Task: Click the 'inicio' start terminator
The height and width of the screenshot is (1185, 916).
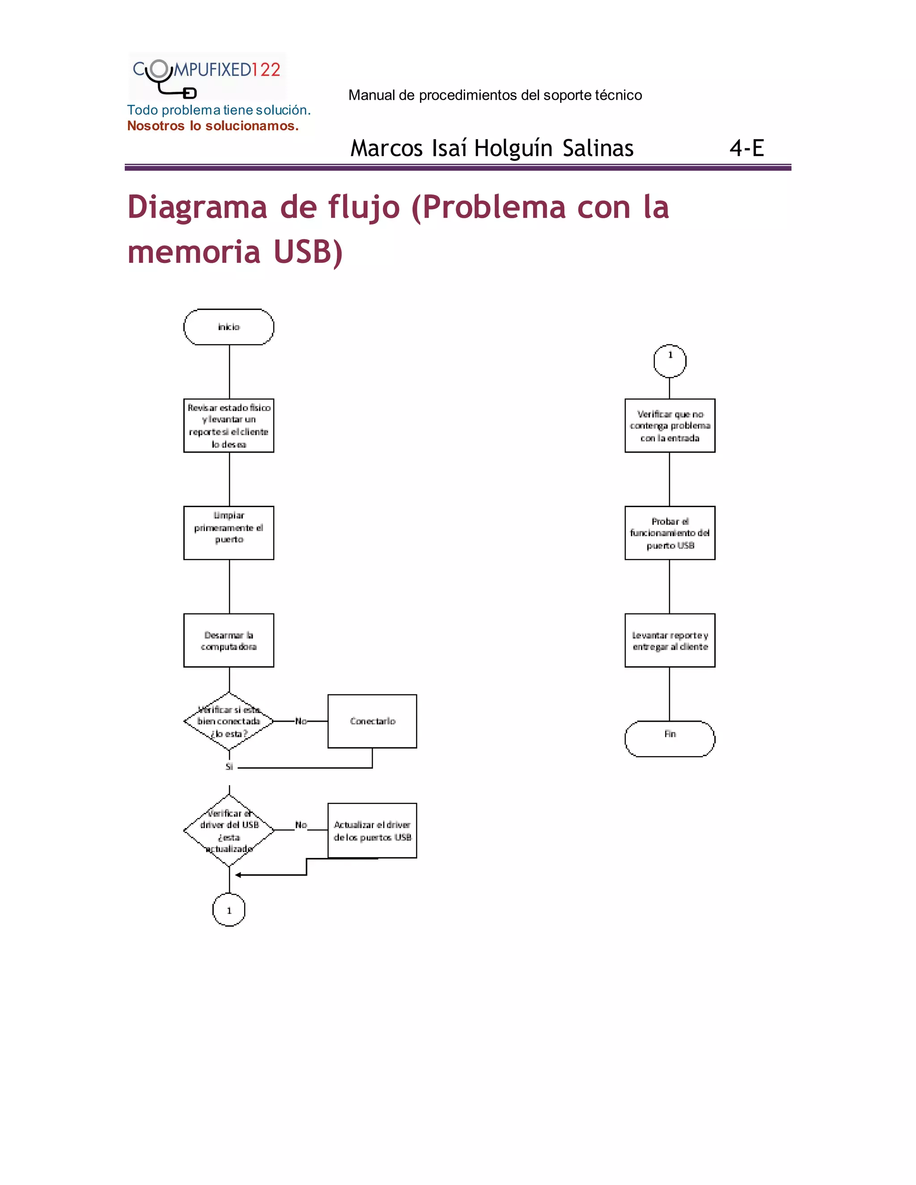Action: (229, 326)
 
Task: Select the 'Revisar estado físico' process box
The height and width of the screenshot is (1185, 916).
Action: (229, 425)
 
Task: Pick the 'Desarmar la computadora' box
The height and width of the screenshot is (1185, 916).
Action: (229, 640)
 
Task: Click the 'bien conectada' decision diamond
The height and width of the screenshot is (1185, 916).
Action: (229, 721)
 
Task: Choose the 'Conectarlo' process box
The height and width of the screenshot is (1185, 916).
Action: (372, 721)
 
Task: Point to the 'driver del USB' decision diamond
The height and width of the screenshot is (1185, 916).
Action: (229, 830)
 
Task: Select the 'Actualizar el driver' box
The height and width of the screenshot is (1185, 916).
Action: (372, 830)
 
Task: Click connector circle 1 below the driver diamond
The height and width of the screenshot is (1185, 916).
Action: (229, 910)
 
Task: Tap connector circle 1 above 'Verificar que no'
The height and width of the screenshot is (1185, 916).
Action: (670, 360)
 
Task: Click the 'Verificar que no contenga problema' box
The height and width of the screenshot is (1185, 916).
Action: (670, 425)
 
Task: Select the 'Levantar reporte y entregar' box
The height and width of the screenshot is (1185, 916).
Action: (670, 640)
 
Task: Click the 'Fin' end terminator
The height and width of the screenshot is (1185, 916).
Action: (670, 738)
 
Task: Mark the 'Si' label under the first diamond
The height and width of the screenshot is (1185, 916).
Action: (229, 766)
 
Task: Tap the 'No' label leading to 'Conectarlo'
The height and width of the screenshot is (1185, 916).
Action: (301, 721)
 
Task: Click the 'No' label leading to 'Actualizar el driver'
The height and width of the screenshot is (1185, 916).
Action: (301, 825)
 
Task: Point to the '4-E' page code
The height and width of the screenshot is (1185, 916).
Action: (746, 148)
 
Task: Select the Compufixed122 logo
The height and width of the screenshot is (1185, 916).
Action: (207, 76)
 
